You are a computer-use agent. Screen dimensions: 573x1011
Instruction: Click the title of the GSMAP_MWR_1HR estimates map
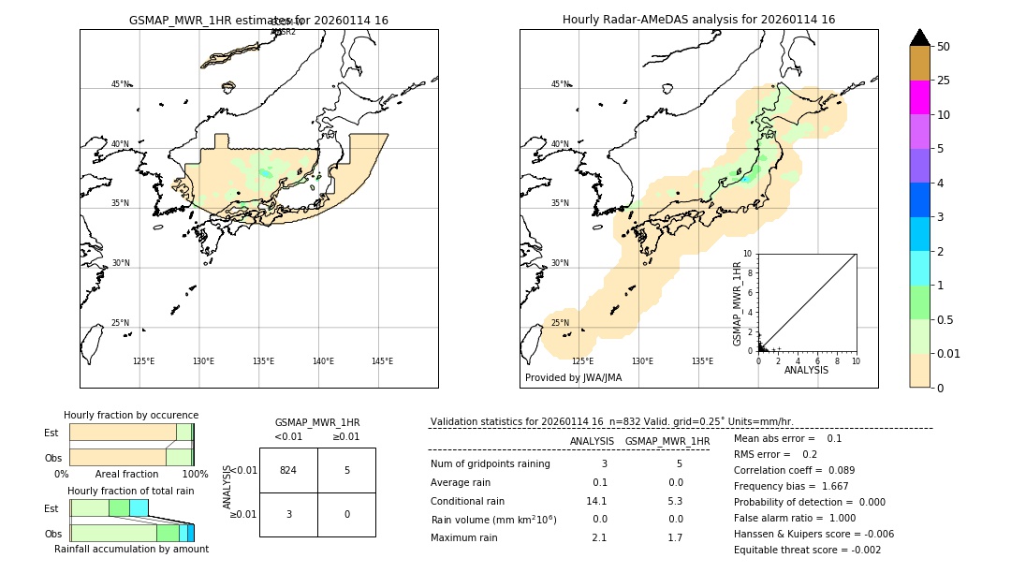258,20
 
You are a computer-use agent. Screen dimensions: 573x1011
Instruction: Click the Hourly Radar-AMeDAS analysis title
698,20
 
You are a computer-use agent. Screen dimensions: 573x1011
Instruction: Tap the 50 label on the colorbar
944,47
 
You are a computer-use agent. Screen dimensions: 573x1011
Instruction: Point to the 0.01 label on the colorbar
949,353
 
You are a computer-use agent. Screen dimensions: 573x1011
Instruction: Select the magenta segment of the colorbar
919,97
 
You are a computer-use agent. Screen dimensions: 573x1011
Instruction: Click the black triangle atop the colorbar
919,37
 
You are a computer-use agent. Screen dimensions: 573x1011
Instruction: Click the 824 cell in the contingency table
288,470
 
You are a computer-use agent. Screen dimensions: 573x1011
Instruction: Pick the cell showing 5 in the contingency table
346,470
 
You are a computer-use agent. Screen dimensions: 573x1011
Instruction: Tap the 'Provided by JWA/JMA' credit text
573,378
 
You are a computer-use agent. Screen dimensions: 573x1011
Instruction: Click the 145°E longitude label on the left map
382,361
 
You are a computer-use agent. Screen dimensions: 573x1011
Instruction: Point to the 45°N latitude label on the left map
121,84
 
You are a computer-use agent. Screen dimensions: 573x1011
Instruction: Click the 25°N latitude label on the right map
560,323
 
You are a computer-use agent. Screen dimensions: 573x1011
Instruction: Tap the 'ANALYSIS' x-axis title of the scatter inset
806,370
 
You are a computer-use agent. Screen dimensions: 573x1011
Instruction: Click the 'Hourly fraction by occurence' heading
131,416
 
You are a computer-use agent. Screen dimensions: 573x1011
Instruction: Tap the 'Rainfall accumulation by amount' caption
131,549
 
